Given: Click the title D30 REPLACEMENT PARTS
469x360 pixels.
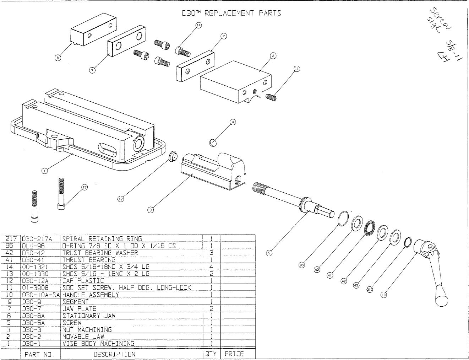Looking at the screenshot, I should coord(231,13).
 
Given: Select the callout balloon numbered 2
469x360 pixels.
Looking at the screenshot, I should coord(273,56).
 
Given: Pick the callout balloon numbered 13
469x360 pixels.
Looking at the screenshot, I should coord(84,187).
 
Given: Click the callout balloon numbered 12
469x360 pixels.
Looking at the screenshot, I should coord(120,199).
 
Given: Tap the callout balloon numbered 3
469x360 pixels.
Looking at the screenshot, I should coord(151,210).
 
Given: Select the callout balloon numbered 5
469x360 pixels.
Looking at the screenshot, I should coord(269,253).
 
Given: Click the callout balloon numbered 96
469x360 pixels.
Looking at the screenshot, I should coord(301,265).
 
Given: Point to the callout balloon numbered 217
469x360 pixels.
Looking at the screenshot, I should coord(369,290).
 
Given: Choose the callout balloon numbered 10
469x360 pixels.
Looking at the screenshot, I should coord(383,295).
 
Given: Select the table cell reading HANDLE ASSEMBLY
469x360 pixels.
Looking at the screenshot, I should coord(91,295).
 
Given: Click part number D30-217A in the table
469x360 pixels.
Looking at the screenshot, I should coord(37,239).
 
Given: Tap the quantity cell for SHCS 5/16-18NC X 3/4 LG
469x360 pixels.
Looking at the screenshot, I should coord(211,267).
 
